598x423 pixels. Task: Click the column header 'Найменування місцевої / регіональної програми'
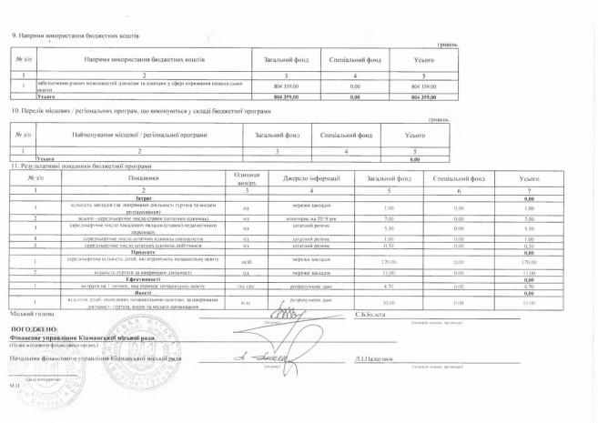point(122,135)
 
